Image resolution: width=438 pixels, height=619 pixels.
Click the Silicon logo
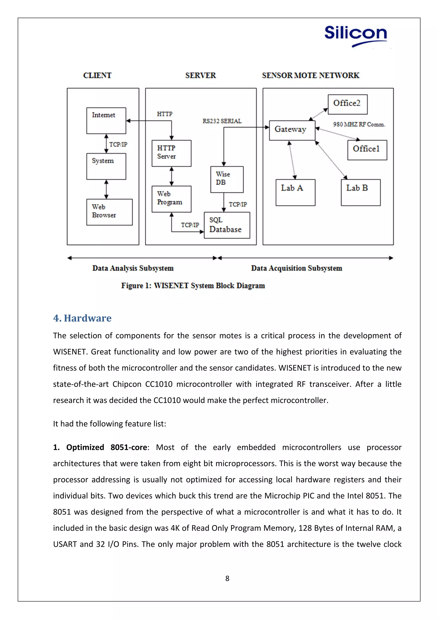(355, 35)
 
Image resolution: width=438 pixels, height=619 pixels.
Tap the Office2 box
(347, 104)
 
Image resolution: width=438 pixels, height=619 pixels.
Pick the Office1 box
(367, 150)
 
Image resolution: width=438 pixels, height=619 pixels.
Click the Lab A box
(295, 192)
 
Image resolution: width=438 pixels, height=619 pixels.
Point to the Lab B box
(361, 192)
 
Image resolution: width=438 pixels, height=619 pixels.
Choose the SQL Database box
(227, 225)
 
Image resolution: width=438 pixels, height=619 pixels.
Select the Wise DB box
(227, 179)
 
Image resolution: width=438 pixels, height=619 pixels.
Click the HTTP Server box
(171, 153)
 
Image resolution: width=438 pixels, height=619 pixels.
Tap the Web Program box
(171, 199)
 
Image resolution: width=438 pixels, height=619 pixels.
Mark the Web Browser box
(109, 212)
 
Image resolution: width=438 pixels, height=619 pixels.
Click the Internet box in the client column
(106, 121)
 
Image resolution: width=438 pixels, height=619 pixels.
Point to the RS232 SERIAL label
(222, 121)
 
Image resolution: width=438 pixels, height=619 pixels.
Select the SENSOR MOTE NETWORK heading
(311, 75)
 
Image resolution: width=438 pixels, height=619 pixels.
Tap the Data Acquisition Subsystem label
(296, 268)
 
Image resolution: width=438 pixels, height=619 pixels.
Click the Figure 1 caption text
(193, 286)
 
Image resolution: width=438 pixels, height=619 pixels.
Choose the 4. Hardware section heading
(82, 318)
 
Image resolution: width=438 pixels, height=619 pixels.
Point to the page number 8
(227, 578)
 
